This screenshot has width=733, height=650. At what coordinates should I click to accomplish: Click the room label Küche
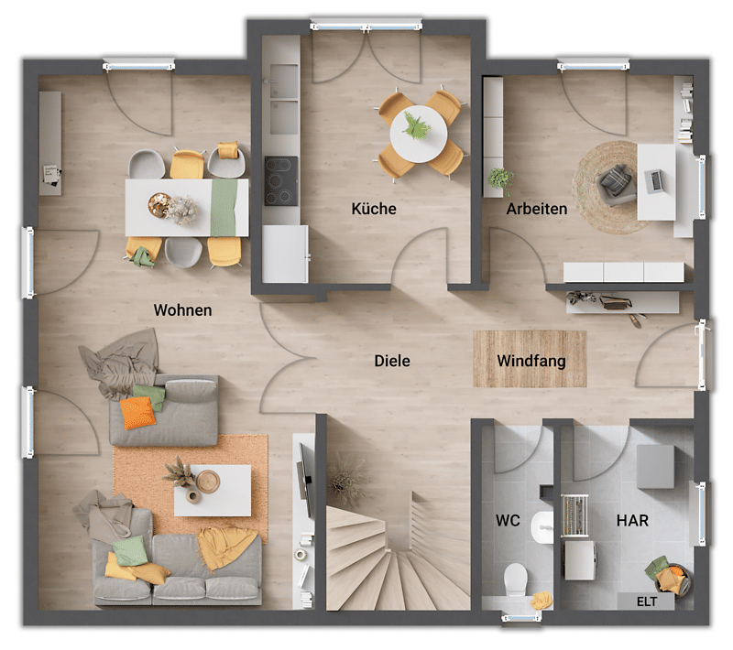374,208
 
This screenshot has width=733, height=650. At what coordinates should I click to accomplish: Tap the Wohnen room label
182,310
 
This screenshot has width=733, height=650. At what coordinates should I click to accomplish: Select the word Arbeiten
537,209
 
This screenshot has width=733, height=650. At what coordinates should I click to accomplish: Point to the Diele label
392,361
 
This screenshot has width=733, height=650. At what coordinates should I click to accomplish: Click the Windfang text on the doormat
531,361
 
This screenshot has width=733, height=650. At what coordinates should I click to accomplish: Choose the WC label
508,520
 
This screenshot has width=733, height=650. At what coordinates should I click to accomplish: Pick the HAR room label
632,520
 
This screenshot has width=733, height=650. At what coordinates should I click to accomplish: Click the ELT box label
647,601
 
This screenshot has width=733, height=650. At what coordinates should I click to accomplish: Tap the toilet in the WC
516,579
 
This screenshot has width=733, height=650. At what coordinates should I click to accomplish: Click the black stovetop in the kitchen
281,181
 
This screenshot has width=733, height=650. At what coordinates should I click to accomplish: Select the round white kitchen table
419,134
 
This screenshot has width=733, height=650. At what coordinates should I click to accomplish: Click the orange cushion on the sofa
138,413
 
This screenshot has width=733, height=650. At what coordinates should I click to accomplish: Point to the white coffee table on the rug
213,491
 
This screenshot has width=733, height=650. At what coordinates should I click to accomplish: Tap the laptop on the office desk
652,180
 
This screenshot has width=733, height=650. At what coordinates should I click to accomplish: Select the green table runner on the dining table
224,208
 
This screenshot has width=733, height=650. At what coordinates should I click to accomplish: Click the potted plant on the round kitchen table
416,125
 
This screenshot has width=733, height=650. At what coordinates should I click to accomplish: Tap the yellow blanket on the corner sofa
225,547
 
